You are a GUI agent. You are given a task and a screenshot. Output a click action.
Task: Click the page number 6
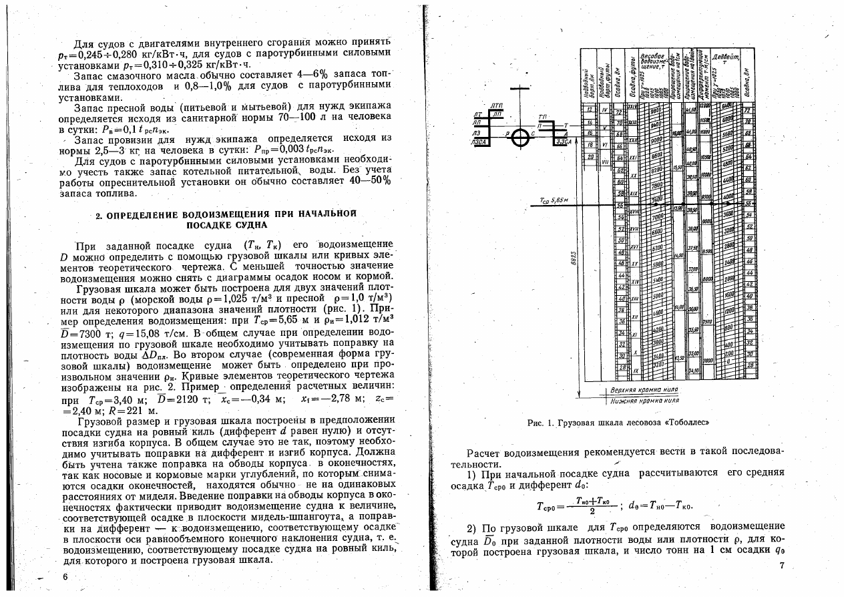pyautogui.click(x=65, y=576)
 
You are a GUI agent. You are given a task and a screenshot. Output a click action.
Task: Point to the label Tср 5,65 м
pyautogui.click(x=554, y=199)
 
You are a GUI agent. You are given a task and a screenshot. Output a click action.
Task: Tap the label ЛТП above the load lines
pyautogui.click(x=495, y=106)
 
